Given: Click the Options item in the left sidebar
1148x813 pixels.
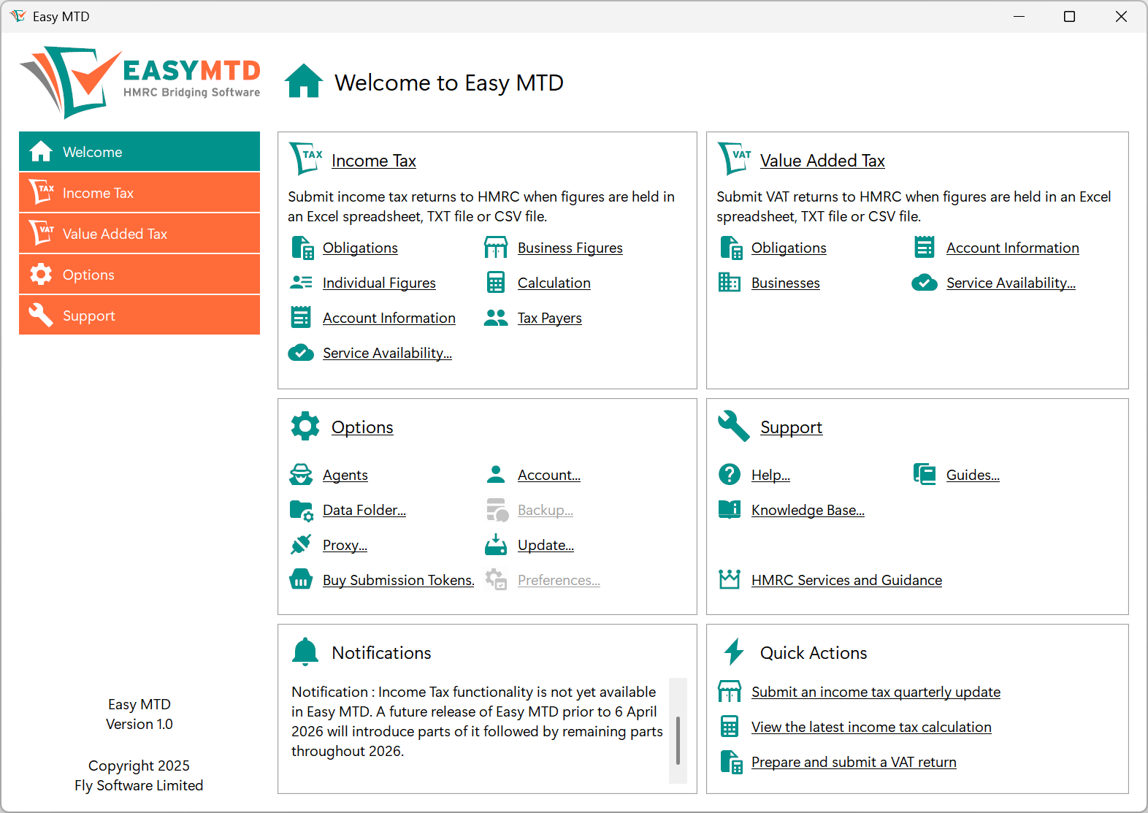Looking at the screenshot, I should click(139, 275).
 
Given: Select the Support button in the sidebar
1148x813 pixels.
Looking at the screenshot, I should click(139, 316).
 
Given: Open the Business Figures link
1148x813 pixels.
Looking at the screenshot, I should click(570, 248).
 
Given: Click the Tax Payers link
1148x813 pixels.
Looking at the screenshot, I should click(549, 318).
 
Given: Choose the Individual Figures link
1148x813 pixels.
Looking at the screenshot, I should click(378, 283).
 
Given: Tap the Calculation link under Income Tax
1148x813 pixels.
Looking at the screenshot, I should click(554, 283).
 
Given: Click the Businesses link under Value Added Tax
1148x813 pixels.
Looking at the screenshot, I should click(785, 283).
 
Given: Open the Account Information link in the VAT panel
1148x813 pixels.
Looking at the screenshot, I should click(1012, 248).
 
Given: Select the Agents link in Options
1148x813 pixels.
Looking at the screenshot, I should click(345, 476).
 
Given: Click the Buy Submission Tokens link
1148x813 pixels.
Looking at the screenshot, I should click(398, 581).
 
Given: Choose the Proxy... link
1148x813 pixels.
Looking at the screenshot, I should click(345, 546).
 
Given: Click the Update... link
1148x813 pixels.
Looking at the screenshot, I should click(546, 546).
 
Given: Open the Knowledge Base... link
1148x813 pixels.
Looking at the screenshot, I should click(808, 511).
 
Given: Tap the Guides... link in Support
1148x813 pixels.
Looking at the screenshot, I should click(973, 476).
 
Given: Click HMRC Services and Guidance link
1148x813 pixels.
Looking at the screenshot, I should click(846, 581).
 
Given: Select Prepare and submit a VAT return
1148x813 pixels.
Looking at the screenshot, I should click(854, 763).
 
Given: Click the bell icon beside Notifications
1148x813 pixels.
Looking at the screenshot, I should click(305, 652).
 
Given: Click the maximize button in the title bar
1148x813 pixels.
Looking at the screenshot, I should click(1069, 17).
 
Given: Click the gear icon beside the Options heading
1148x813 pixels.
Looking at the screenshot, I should click(305, 426).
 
